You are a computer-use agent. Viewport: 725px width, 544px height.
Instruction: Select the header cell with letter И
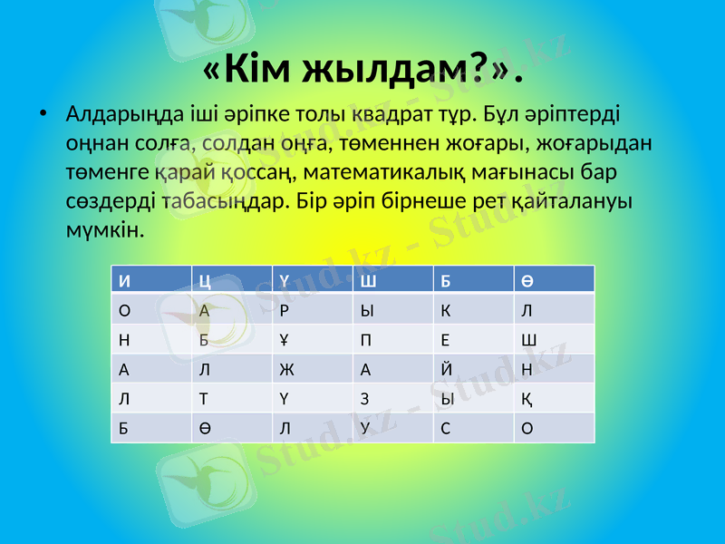(150, 279)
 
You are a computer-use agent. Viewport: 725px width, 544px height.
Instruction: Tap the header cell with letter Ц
(231, 279)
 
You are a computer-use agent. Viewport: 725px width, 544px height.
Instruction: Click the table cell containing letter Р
(313, 308)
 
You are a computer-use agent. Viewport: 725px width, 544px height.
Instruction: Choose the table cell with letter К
(474, 308)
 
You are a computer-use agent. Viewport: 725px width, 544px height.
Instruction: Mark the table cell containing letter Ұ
(313, 339)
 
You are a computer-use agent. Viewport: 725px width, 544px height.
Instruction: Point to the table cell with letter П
(393, 339)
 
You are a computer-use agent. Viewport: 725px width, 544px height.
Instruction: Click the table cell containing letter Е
(474, 339)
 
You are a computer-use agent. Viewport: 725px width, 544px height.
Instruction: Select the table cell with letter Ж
(313, 368)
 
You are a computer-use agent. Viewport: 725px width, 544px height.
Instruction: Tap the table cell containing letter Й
(474, 368)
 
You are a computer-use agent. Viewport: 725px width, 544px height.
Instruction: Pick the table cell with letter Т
(231, 398)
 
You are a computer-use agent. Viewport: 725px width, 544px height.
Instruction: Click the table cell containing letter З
(393, 398)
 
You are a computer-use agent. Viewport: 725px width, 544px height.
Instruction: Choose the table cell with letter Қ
(555, 398)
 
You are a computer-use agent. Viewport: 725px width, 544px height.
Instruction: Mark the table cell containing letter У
(393, 428)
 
